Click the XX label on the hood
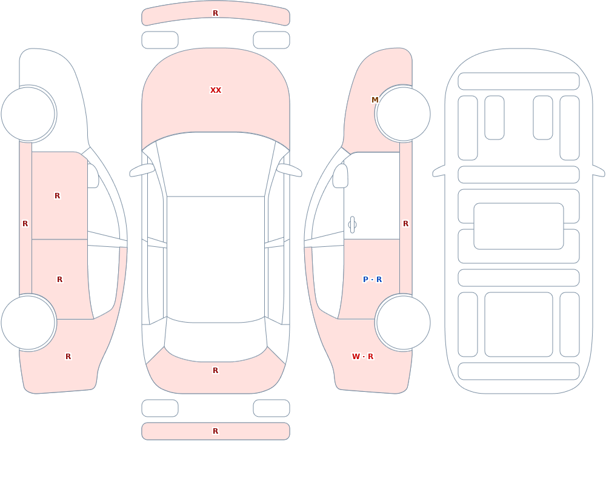pos(216,90)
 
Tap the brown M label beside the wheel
pos(375,100)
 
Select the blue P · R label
pos(372,280)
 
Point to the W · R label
pos(362,357)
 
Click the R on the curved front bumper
pos(216,13)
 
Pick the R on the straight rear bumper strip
pos(216,431)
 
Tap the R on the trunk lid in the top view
pos(216,371)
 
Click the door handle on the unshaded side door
pos(352,225)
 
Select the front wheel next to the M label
pos(403,114)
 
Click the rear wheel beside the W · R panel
pos(403,323)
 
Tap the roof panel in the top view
pos(216,259)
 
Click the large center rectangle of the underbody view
pos(519,226)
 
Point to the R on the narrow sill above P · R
pos(405,224)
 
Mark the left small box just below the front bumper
pos(160,40)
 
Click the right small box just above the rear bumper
pos(271,408)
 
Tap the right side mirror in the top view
pos(289,170)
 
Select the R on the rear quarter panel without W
pos(68,357)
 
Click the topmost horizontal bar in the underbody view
pos(519,81)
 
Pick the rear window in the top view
pos(216,340)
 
